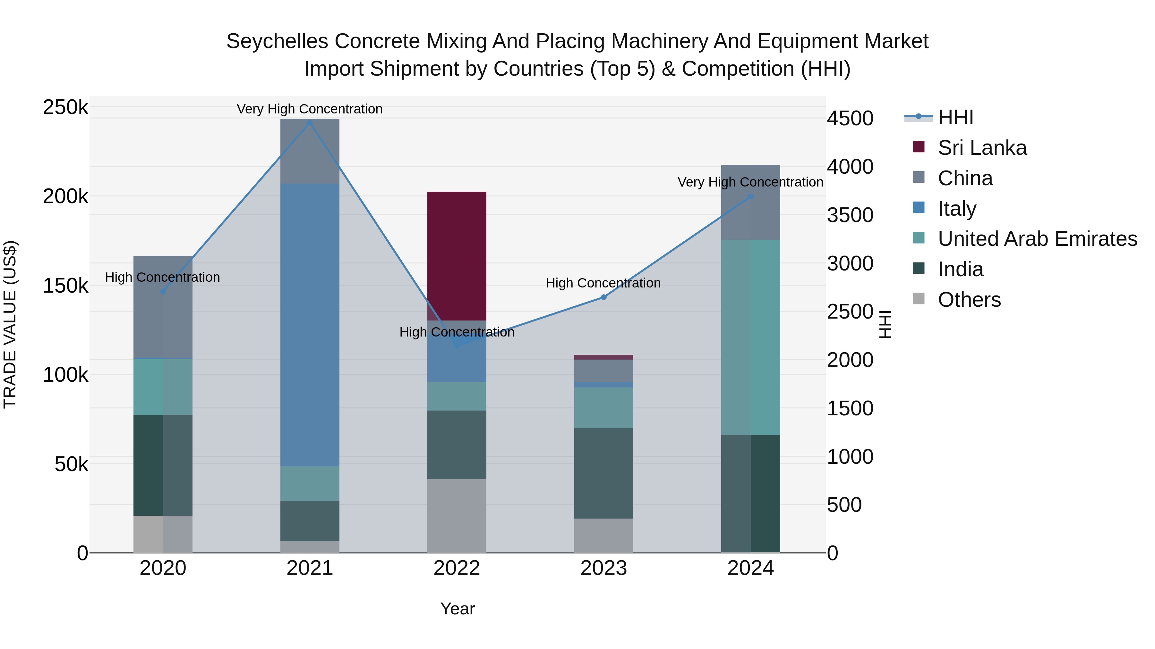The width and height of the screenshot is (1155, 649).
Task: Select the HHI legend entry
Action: coord(955,117)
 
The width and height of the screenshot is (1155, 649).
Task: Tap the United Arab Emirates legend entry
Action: coord(1037,239)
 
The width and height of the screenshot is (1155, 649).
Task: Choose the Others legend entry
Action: coord(969,300)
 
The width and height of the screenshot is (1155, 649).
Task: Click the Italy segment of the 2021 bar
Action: coord(310,325)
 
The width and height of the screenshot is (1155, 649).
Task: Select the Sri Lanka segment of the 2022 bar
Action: coord(457,256)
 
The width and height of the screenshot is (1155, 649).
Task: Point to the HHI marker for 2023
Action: coord(603,297)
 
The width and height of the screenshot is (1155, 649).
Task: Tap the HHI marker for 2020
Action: coord(163,292)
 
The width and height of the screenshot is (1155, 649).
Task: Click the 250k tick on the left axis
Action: coord(65,107)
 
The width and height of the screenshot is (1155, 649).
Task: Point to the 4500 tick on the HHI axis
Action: coord(850,119)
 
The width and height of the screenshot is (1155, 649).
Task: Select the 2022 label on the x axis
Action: coord(457,568)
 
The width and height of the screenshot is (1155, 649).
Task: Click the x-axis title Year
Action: coord(457,609)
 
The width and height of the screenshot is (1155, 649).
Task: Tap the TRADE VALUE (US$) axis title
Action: coord(10,325)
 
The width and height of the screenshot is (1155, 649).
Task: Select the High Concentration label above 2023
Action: coord(603,283)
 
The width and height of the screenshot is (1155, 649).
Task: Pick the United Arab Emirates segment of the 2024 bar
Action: coord(750,337)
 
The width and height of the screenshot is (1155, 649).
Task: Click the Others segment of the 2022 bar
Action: coord(457,516)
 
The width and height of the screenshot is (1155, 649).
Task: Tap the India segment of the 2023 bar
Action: coord(603,473)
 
